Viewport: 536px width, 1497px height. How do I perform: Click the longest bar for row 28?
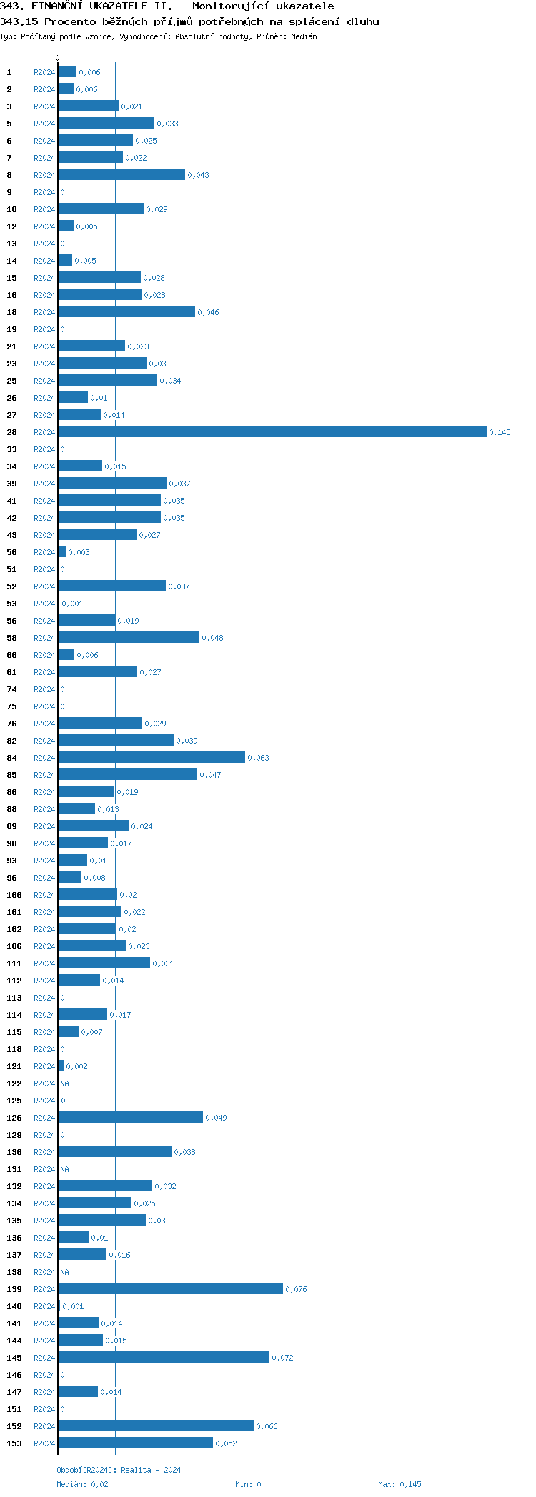[272, 431]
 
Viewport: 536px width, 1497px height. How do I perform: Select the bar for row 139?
[170, 1288]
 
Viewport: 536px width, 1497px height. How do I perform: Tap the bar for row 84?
[152, 757]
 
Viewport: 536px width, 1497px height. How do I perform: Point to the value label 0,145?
[500, 432]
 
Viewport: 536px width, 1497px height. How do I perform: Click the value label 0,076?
[296, 1289]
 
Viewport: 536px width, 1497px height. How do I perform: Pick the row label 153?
[14, 1443]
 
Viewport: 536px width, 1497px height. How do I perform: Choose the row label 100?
[14, 895]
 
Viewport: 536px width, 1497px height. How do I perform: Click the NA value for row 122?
[64, 1083]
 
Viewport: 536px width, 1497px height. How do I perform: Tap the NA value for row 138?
[64, 1272]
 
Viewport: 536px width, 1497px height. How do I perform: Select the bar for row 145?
[164, 1357]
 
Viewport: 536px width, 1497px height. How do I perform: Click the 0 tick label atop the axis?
[58, 58]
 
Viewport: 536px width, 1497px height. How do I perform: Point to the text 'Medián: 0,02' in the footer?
[83, 1484]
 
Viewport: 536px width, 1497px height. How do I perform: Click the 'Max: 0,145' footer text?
[399, 1484]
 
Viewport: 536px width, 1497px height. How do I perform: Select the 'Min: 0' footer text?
[248, 1484]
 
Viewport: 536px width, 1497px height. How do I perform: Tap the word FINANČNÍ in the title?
[64, 6]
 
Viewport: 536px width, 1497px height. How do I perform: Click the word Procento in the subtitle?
[70, 21]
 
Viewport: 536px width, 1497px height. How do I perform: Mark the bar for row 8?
[121, 174]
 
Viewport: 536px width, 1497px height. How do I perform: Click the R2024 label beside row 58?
[44, 638]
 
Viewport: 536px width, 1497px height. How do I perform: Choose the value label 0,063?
[258, 758]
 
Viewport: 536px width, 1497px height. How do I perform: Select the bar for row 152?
[156, 1426]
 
